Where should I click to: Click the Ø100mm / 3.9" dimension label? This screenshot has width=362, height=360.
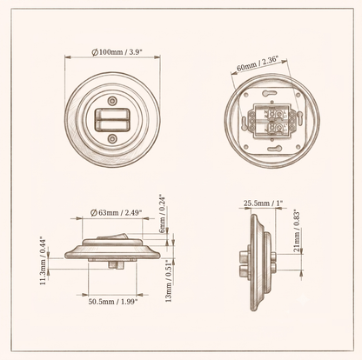tap(117, 52)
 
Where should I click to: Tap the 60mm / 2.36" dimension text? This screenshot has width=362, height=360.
tap(258, 64)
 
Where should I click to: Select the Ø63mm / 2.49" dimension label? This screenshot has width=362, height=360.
tap(116, 213)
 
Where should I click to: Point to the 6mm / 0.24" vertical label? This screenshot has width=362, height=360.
tap(163, 214)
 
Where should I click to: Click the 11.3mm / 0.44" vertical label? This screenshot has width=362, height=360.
tap(43, 261)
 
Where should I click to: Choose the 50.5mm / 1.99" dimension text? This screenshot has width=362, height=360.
tap(113, 302)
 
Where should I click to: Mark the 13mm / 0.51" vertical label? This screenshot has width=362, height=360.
tap(169, 281)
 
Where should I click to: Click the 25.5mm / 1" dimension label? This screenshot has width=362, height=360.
tap(263, 203)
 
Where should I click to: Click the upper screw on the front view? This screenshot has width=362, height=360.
tap(112, 101)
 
